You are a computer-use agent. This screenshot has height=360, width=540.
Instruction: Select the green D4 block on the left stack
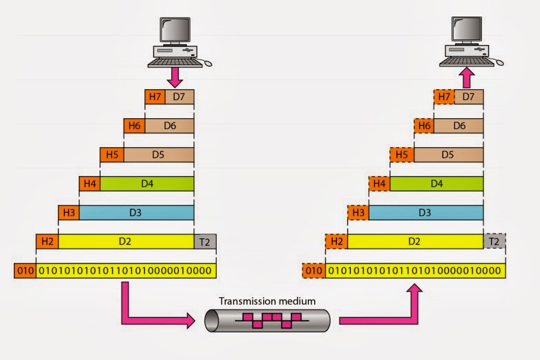[146, 184]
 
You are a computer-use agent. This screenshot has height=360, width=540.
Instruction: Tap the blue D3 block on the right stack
[425, 213]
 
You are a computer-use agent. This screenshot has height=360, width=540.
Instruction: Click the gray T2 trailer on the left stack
[205, 241]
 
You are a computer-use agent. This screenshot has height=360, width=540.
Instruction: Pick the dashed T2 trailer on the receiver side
[494, 241]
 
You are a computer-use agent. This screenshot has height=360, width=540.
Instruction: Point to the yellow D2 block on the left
[126, 241]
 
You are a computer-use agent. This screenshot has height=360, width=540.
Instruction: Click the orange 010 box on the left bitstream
[24, 270]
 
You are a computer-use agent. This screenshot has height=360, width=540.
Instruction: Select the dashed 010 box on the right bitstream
[314, 270]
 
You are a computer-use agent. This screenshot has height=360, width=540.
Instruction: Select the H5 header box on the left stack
[112, 155]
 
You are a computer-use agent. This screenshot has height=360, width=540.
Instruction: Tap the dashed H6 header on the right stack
[424, 126]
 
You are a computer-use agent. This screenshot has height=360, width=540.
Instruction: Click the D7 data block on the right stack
[469, 97]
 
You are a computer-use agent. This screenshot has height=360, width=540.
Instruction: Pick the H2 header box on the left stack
[47, 241]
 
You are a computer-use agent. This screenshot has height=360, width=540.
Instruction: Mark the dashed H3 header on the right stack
[358, 213]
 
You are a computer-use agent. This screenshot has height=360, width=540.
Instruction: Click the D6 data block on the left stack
[169, 126]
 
